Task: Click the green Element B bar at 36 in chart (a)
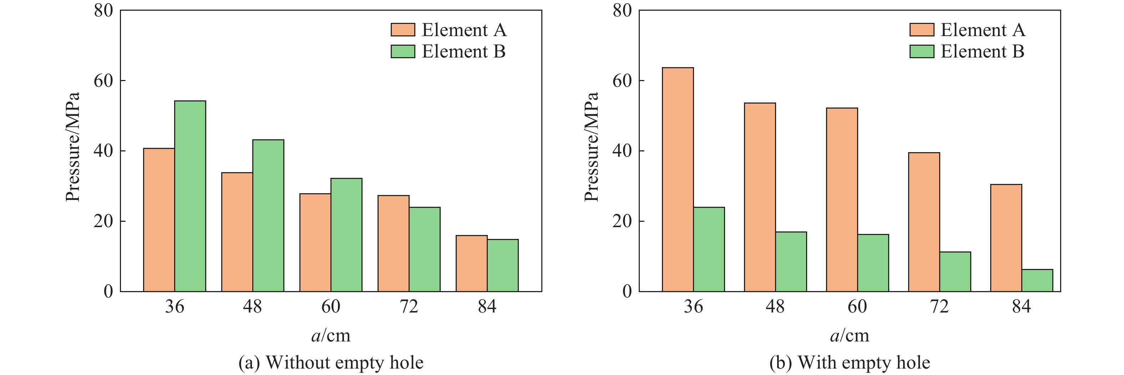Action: (x=190, y=196)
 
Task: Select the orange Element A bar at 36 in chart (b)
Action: (x=678, y=179)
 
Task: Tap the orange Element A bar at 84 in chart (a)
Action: (x=471, y=263)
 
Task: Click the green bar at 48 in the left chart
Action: (x=268, y=216)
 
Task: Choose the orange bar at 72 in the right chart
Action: (x=924, y=222)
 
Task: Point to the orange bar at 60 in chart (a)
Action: (x=315, y=242)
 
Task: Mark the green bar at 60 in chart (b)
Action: (x=873, y=263)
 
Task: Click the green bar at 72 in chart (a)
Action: (x=425, y=249)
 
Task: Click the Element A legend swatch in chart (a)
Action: (x=402, y=30)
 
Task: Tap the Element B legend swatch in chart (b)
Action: (x=922, y=51)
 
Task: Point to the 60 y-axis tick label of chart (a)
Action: (x=103, y=81)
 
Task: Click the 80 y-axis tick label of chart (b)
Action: (x=622, y=10)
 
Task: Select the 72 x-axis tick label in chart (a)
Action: (x=409, y=307)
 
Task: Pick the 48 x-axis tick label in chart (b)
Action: (x=775, y=307)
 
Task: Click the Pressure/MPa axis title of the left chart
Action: (x=73, y=147)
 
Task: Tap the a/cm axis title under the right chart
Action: (x=849, y=335)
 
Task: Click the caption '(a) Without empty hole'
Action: (x=331, y=363)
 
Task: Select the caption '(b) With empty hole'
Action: (x=850, y=363)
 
